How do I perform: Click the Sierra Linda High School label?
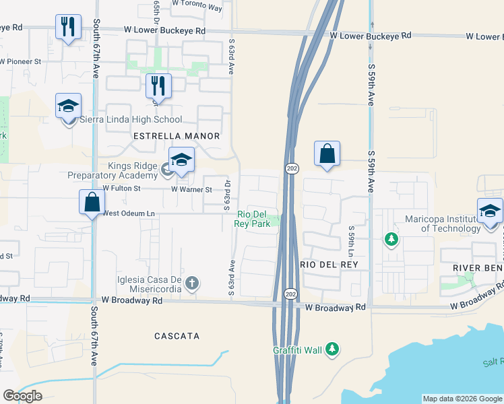(x=131, y=120)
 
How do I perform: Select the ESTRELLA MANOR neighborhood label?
(x=177, y=136)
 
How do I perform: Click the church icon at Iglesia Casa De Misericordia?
(x=192, y=283)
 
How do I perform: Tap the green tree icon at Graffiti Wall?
(x=331, y=349)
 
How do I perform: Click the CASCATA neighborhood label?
(x=177, y=335)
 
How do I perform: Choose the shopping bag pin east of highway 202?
(x=327, y=154)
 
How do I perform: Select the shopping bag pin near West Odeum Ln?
(x=92, y=203)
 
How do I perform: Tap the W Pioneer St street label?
(x=21, y=61)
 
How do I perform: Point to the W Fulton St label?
(x=121, y=189)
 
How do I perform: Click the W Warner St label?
(x=191, y=190)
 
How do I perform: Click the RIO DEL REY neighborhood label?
(x=327, y=265)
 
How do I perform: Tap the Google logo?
(x=23, y=396)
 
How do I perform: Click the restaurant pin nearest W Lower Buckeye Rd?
(x=67, y=28)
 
